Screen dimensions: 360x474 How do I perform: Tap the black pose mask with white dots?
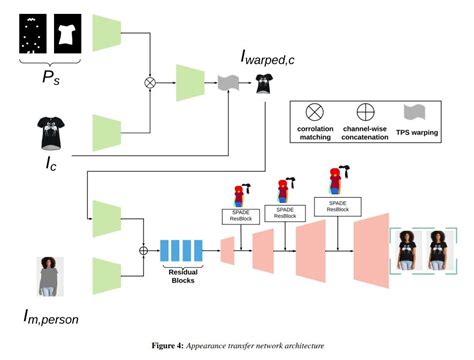33,34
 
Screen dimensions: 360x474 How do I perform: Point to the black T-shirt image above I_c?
47,130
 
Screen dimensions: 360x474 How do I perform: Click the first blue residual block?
165,248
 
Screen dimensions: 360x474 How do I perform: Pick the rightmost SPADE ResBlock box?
335,205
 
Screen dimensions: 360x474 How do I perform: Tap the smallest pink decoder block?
227,248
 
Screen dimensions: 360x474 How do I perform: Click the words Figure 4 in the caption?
165,346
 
